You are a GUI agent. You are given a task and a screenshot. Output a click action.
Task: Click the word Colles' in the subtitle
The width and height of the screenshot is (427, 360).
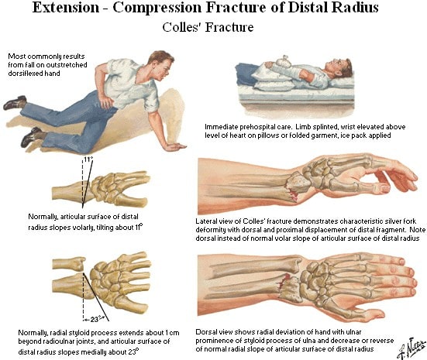182,27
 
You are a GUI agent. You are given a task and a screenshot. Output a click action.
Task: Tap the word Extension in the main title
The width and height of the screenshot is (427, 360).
66,7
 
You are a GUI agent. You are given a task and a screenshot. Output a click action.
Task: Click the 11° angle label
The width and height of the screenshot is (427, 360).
88,159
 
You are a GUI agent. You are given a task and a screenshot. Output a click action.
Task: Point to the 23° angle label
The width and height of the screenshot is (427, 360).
95,319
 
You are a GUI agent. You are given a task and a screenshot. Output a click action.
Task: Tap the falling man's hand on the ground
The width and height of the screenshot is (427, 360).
176,147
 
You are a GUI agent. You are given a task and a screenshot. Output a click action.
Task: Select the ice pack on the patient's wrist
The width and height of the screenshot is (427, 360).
280,61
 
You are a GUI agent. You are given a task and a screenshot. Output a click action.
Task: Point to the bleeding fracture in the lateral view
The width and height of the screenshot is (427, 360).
293,192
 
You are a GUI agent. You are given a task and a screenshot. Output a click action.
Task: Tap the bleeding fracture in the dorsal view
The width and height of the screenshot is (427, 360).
283,281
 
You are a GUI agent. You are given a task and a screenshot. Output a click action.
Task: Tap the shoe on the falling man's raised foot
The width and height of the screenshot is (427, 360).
15,103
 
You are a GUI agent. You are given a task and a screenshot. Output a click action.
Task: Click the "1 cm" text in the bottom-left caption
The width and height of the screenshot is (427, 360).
172,333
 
